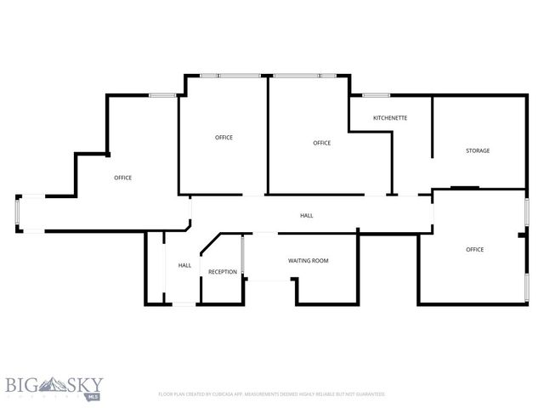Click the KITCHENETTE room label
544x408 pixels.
[x=390, y=117]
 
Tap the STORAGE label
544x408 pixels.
[x=477, y=150]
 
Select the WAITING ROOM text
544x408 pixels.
[x=308, y=260]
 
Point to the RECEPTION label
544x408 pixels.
[x=223, y=271]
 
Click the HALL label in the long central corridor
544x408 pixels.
[x=307, y=215]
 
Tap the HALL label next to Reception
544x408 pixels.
[x=184, y=265]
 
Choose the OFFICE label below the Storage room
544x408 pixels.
[x=474, y=249]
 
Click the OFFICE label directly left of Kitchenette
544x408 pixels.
[x=321, y=143]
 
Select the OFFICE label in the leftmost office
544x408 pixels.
[x=122, y=178]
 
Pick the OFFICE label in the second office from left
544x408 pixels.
[x=224, y=137]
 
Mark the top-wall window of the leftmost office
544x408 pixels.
[x=162, y=95]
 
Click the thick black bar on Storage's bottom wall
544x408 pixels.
[x=464, y=188]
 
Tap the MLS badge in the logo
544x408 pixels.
[x=91, y=395]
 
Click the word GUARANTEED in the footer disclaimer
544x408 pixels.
[x=367, y=394]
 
